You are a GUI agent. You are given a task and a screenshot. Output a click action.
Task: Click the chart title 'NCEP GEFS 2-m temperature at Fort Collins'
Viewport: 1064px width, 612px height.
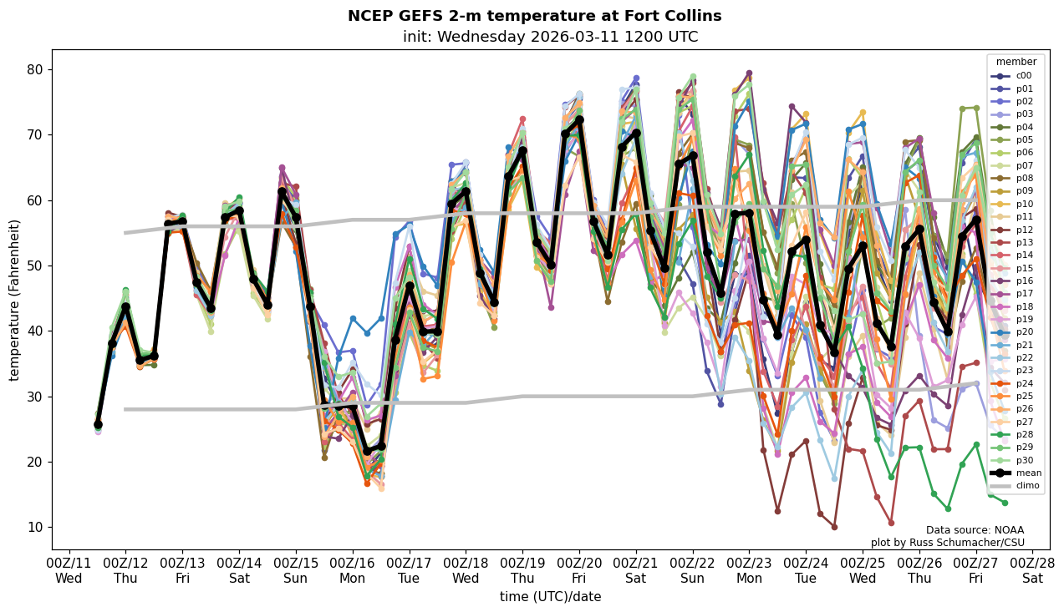(534, 17)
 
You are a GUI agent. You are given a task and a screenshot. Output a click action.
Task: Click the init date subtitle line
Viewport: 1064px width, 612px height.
(550, 37)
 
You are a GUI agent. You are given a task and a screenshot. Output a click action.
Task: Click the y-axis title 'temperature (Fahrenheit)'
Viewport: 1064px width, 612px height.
(15, 300)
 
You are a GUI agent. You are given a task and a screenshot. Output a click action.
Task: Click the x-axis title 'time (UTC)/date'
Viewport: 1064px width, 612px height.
(550, 597)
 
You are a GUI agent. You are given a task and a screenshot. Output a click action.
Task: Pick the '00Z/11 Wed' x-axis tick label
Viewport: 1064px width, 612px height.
(69, 571)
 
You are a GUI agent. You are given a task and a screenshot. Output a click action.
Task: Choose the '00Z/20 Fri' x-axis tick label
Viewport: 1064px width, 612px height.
(579, 571)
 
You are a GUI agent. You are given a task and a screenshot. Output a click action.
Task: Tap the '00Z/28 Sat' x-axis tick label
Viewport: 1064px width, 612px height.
(1032, 571)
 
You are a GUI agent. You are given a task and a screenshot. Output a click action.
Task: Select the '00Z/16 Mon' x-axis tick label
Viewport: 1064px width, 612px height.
(352, 571)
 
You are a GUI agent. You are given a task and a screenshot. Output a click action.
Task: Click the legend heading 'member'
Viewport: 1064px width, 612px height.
(1016, 62)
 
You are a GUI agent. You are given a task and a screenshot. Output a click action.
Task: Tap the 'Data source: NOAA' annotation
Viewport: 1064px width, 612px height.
(975, 530)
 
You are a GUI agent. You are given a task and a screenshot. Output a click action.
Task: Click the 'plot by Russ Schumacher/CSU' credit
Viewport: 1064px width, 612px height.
(947, 543)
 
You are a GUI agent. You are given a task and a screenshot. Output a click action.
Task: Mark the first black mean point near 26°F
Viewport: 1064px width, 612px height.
(98, 425)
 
